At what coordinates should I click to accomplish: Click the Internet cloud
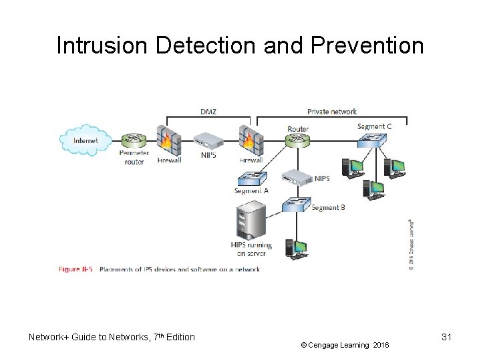pos(85,140)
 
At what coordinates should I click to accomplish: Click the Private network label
pos(332,111)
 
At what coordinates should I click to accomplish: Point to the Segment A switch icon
pos(251,178)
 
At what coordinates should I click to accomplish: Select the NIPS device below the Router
pos(296,177)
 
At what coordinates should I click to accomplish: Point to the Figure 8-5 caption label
pos(77,269)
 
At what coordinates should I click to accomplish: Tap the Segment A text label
pos(251,191)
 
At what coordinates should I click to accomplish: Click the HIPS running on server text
pos(251,250)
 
